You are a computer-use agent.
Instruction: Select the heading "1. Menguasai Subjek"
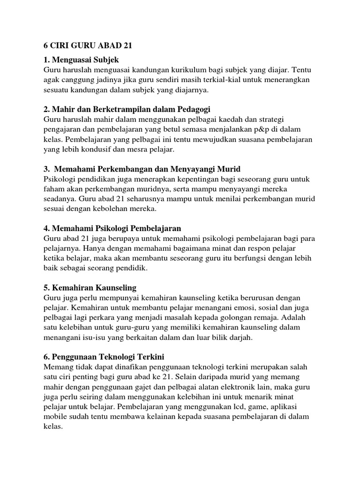pos(81,60)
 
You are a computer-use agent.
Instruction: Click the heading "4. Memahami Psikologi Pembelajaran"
pos(112,228)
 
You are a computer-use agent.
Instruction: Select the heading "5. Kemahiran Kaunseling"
pos(90,287)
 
